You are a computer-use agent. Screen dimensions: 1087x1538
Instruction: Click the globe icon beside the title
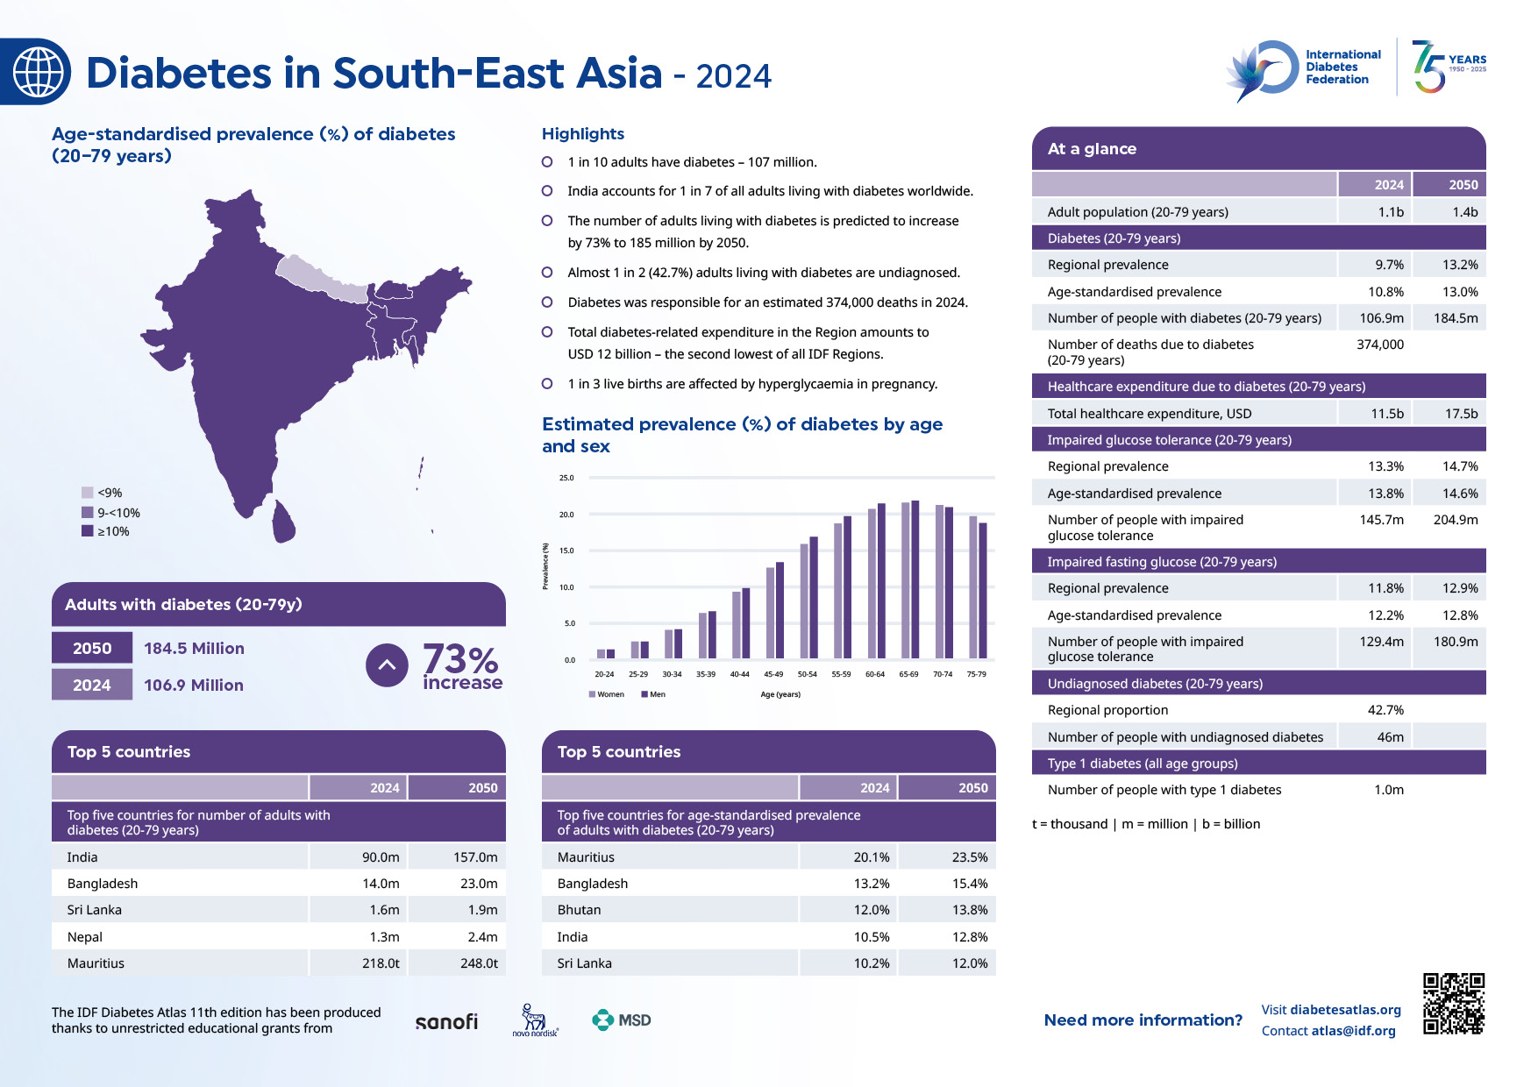38,72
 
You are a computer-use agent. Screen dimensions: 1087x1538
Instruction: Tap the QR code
1453,1003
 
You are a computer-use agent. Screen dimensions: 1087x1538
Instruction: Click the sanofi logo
446,1021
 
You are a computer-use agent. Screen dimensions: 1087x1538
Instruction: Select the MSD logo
622,1020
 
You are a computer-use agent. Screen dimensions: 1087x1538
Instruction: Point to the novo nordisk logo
535,1020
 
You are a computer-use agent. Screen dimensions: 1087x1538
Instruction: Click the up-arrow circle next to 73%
387,665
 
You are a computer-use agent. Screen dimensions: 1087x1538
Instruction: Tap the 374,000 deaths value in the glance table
1379,345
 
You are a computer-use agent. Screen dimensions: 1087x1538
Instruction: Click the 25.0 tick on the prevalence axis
566,478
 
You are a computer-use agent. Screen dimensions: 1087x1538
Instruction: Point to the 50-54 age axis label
807,674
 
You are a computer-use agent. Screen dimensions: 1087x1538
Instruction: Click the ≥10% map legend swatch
88,531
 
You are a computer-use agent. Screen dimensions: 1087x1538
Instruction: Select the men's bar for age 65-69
915,579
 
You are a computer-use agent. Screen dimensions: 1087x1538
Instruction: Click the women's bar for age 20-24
601,654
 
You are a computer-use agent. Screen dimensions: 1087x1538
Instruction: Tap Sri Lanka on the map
283,523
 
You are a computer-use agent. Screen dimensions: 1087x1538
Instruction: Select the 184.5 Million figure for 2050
194,649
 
